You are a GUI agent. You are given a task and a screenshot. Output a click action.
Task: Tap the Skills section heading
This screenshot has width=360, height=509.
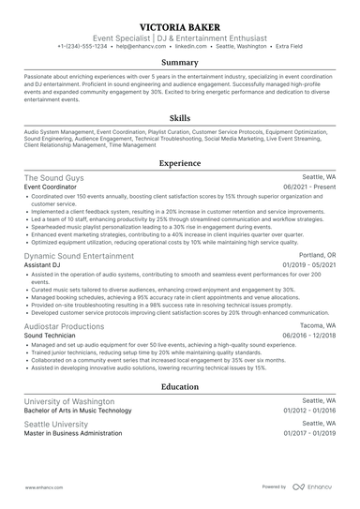pos(179,120)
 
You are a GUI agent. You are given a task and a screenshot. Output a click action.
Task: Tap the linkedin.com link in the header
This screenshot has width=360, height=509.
pos(191,45)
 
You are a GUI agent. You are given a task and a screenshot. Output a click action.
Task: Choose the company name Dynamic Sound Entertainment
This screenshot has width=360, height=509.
pos(79,255)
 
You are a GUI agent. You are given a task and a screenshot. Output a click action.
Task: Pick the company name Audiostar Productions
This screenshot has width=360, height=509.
pos(64,326)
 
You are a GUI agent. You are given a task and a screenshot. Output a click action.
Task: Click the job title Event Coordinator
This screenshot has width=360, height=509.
pos(52,187)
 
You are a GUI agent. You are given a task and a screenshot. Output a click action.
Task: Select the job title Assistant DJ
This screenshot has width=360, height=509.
pos(44,265)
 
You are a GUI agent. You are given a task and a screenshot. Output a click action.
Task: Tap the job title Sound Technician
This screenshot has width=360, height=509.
pos(51,336)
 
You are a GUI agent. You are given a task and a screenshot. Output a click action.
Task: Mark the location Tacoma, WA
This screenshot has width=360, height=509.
pos(318,326)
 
